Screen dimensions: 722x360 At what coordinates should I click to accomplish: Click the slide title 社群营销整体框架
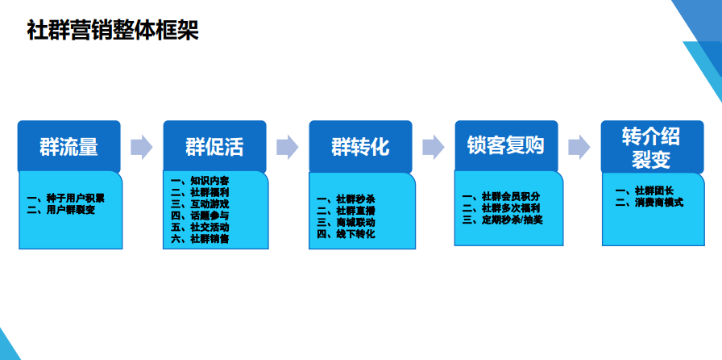point(113,31)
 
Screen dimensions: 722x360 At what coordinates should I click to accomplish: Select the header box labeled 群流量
point(69,146)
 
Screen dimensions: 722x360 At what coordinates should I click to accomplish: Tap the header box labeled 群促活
point(214,146)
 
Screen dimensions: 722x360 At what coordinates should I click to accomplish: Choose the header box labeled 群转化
point(360,146)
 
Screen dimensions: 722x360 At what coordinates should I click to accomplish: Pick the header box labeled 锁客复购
point(507,146)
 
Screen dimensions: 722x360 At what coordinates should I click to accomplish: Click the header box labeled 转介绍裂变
point(653,147)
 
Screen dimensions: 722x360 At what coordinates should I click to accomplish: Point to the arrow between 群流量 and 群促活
point(142,147)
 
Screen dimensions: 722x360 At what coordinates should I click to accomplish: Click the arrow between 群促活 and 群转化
point(288,147)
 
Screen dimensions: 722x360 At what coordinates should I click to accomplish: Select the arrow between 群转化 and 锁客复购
point(434,147)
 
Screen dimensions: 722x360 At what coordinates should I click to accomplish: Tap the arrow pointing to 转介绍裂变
point(579,147)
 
